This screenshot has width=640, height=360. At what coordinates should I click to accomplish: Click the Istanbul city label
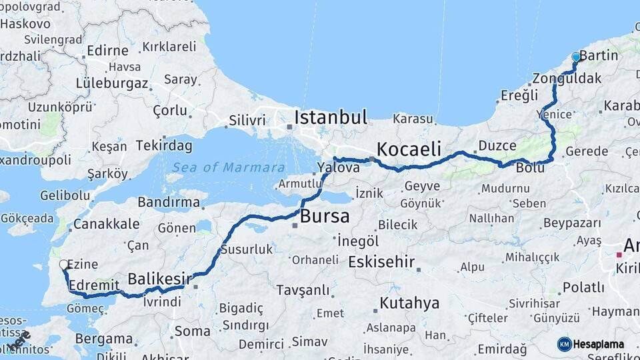pyautogui.click(x=331, y=118)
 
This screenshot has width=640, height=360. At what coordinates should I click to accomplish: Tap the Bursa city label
pyautogui.click(x=325, y=216)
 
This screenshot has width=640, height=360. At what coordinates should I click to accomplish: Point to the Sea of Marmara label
pyautogui.click(x=228, y=167)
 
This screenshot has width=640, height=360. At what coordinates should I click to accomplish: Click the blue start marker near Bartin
pyautogui.click(x=576, y=58)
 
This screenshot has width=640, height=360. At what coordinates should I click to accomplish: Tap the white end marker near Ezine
pyautogui.click(x=64, y=265)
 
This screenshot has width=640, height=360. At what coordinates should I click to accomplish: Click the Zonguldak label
pyautogui.click(x=567, y=78)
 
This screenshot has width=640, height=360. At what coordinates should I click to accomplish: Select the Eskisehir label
pyautogui.click(x=381, y=261)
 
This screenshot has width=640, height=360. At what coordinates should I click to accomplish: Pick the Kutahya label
pyautogui.click(x=409, y=303)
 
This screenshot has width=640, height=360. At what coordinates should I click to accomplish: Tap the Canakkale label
pyautogui.click(x=107, y=223)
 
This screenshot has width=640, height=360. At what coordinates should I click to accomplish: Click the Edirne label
pyautogui.click(x=107, y=51)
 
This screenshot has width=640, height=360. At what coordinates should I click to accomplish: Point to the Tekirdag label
pyautogui.click(x=164, y=145)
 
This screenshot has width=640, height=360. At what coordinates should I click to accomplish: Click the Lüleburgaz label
pyautogui.click(x=112, y=83)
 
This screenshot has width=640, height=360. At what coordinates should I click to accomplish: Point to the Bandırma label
pyautogui.click(x=169, y=201)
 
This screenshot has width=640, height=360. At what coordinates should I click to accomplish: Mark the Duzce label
pyautogui.click(x=497, y=145)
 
